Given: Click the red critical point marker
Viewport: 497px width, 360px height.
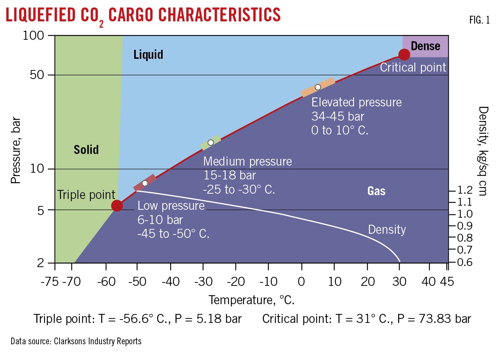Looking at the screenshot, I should tap(404, 55).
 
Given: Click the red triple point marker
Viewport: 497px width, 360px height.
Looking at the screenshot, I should tap(117, 206).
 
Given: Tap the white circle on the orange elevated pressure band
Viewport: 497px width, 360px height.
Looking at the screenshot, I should tap(318, 87).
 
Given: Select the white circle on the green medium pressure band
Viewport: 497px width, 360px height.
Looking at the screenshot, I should tap(211, 143).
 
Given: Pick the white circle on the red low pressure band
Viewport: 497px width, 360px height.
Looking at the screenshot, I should tap(145, 183).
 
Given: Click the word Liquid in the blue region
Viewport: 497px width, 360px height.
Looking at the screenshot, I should tap(148, 55).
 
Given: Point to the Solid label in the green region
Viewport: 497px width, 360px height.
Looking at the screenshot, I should tap(86, 150).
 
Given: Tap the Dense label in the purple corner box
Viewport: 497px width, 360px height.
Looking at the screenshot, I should tap(425, 46).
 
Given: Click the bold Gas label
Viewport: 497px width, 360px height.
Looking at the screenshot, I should tap(376, 191).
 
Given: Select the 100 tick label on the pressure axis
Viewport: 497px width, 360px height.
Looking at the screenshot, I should tap(33, 36).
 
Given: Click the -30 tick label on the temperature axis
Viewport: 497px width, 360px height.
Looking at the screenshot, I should tap(204, 281).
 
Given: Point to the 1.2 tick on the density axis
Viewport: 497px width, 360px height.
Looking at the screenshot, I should tap(465, 190).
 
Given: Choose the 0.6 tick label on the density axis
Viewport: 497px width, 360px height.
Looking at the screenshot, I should tap(465, 262).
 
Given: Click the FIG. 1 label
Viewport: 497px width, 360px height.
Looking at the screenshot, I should tap(479, 20).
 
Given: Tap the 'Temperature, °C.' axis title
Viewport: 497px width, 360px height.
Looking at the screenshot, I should tap(251, 300).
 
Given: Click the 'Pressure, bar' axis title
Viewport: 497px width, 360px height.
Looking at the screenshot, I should tap(16, 150).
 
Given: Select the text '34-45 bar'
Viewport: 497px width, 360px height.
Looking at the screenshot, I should tap(338, 117).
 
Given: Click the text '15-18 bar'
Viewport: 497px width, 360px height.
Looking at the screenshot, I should tap(229, 175).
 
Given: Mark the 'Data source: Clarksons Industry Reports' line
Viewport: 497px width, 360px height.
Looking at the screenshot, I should tap(76, 341).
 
